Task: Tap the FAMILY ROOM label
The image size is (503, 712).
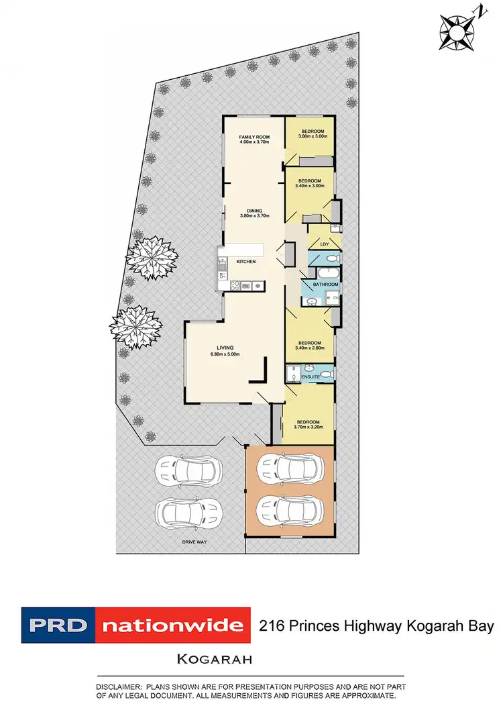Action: coord(254,137)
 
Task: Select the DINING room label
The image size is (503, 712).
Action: coord(254,210)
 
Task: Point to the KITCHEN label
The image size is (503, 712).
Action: coord(245,262)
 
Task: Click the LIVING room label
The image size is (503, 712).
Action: coord(216,347)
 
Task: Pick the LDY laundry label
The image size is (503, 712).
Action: coord(325,244)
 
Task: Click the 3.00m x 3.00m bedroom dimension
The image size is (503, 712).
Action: coord(313,137)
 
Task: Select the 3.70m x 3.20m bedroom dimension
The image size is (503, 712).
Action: coord(311,426)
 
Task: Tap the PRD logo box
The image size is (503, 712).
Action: coord(59,626)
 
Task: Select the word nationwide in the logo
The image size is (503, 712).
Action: coord(172,626)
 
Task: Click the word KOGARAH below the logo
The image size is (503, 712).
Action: coord(214,659)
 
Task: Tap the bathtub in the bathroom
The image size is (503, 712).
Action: coord(329,273)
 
